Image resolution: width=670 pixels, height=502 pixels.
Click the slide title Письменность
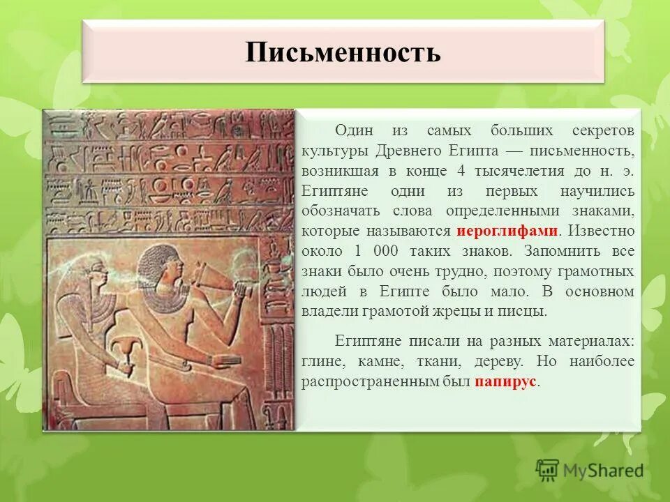343,53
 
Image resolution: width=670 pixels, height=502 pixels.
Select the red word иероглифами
507,231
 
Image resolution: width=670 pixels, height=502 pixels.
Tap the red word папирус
507,382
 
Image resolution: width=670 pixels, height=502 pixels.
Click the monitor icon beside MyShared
548,471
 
